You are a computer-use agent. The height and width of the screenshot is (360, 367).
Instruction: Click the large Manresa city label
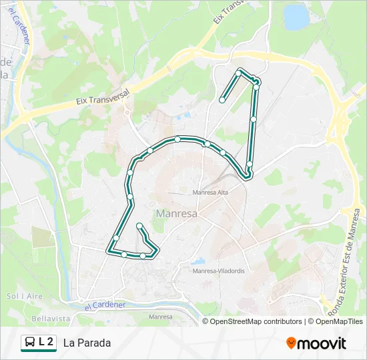(x=176, y=214)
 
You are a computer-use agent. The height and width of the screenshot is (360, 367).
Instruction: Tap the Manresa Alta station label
(x=211, y=193)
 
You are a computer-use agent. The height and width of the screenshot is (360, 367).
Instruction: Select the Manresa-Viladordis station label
(x=218, y=271)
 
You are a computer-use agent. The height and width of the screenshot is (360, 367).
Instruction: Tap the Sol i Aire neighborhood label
(x=21, y=295)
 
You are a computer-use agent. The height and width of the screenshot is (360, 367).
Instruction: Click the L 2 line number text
(x=46, y=343)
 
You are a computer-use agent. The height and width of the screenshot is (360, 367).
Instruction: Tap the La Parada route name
(x=87, y=343)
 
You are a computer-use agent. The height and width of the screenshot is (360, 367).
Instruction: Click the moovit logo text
(x=322, y=343)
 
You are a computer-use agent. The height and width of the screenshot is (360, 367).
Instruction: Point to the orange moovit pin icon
(x=291, y=343)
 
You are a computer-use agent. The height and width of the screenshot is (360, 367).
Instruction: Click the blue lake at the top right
(x=296, y=17)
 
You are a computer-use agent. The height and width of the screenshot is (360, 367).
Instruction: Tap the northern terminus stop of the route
(x=222, y=100)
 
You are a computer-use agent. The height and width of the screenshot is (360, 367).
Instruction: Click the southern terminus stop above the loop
(x=139, y=227)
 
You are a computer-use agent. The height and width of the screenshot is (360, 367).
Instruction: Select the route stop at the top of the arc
(x=177, y=139)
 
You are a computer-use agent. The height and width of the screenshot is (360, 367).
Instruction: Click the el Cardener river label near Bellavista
(x=105, y=305)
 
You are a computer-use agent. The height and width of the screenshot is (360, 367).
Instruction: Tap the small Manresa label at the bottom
(x=161, y=317)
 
